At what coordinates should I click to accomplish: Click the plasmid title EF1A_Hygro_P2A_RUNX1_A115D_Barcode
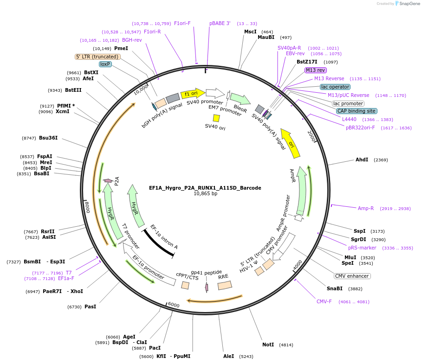(205, 188)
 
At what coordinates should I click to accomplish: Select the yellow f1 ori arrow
(192, 93)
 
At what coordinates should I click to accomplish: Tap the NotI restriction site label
(268, 345)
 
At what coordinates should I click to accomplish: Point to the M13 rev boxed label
(315, 70)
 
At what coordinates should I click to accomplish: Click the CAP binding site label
(356, 111)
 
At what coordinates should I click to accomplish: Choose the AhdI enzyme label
(362, 160)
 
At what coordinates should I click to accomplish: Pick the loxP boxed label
(105, 64)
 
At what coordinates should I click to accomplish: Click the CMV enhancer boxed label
(352, 276)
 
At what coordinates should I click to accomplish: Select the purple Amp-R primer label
(365, 208)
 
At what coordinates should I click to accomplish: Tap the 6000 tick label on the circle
(174, 305)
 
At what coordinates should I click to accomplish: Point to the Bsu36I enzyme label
(48, 138)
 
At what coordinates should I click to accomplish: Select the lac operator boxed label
(335, 87)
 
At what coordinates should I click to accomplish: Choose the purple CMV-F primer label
(324, 301)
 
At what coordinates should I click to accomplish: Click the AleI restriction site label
(228, 356)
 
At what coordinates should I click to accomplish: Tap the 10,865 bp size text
(205, 194)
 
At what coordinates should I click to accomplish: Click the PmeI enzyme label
(121, 48)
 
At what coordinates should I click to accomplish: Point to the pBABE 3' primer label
(220, 23)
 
